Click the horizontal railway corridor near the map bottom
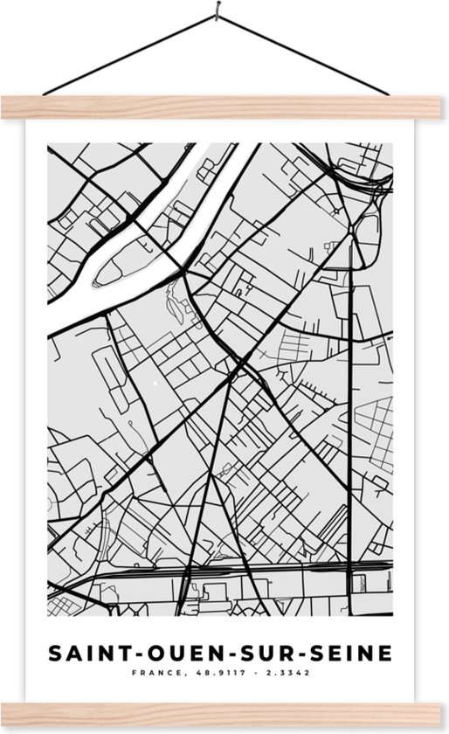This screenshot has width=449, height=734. [262, 571]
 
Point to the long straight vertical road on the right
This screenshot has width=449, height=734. [352, 419]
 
